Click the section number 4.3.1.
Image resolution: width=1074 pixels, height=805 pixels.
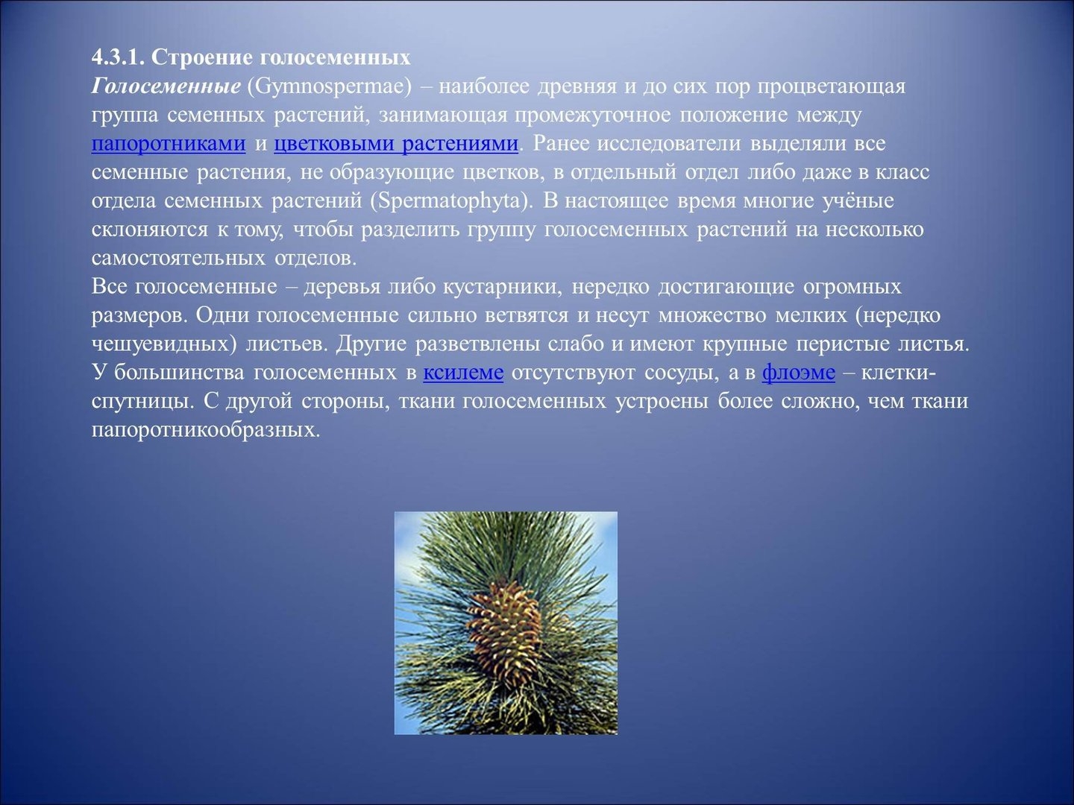point(117,57)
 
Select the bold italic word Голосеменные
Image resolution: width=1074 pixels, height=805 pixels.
point(166,86)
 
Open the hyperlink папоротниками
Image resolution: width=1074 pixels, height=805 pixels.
point(169,144)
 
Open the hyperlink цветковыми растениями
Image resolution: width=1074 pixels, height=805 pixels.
point(396,144)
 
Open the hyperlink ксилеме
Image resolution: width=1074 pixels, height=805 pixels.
point(463,373)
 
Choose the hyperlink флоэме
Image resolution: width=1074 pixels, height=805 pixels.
point(799,373)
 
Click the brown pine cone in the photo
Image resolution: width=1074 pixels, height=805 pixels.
point(504,628)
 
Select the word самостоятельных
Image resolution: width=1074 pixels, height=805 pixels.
point(178,258)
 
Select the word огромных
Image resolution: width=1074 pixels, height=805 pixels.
point(852,287)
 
